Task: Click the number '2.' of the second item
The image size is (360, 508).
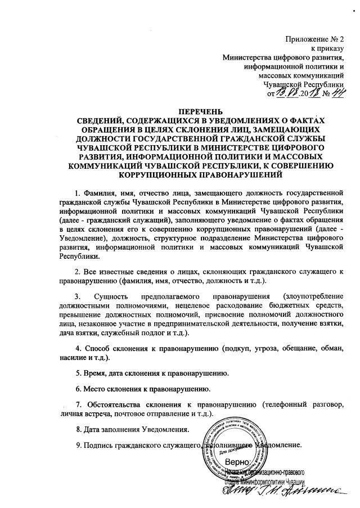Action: pos(79,272)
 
